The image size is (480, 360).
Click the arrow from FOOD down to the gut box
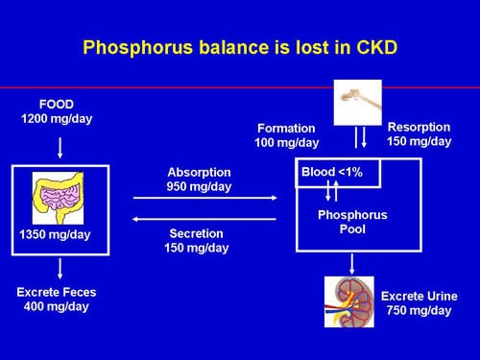point(60,147)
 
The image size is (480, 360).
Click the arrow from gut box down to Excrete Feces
point(60,269)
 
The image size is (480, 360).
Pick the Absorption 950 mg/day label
point(200,180)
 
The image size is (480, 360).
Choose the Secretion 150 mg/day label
point(200,239)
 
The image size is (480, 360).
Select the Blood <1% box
point(338,173)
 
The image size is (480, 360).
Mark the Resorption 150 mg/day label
point(419,134)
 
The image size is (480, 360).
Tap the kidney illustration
point(348,300)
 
